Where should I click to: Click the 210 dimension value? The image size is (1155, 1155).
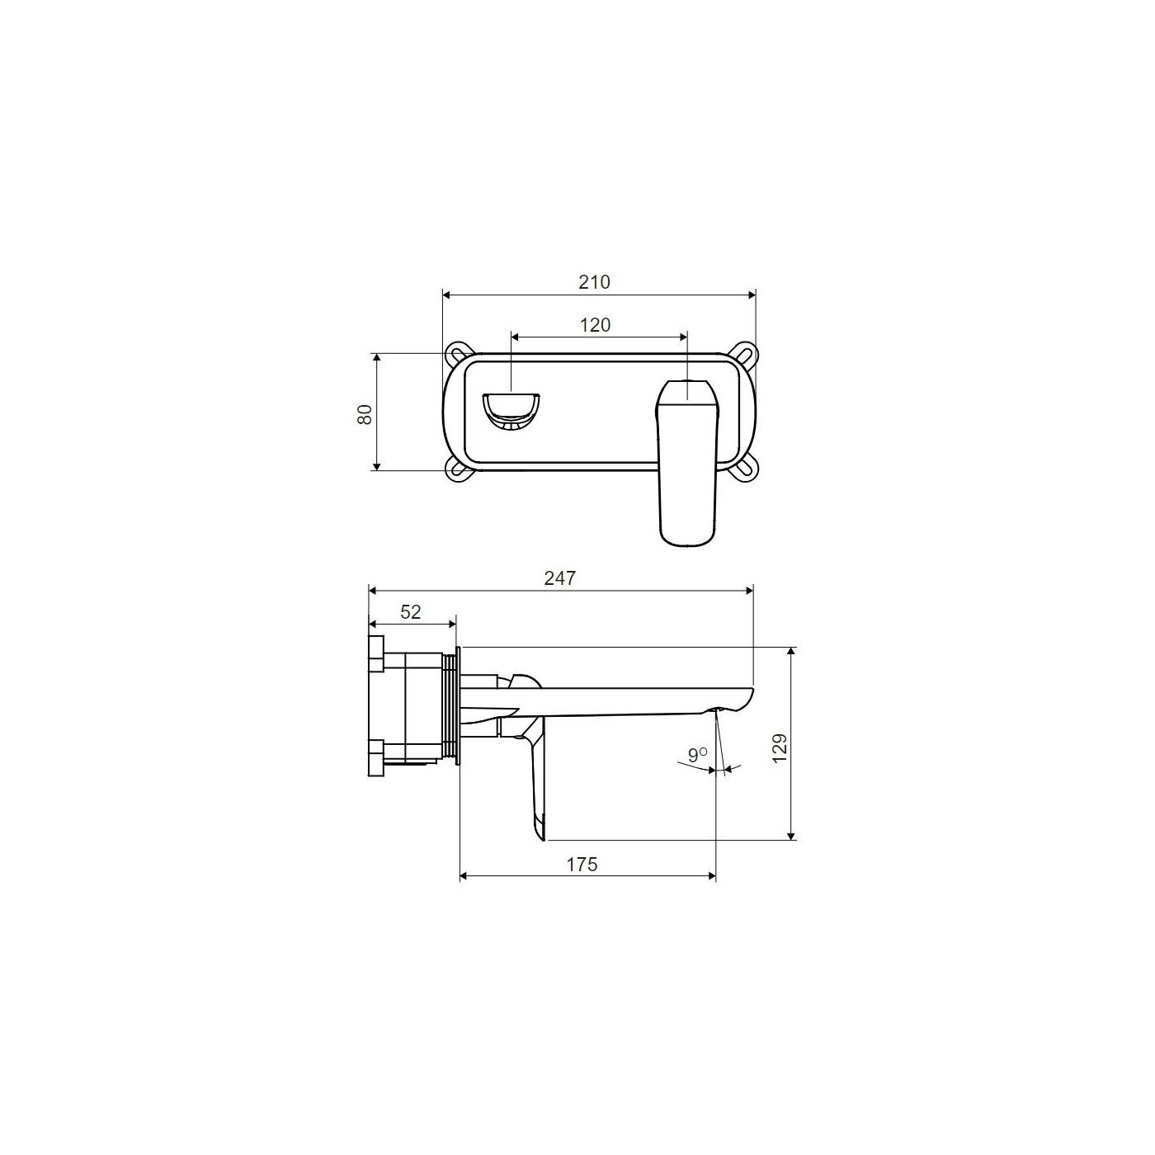tap(594, 281)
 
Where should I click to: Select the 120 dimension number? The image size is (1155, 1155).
tap(595, 324)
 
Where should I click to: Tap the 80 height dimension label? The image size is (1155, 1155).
tap(365, 414)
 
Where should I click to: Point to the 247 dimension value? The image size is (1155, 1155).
tap(560, 577)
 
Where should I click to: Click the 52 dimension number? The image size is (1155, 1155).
tap(411, 612)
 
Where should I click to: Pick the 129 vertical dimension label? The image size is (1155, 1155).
tap(779, 748)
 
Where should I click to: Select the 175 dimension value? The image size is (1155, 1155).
tap(582, 864)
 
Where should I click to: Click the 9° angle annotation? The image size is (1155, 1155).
tap(698, 754)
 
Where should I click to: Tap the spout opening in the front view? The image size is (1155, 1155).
tap(511, 411)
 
